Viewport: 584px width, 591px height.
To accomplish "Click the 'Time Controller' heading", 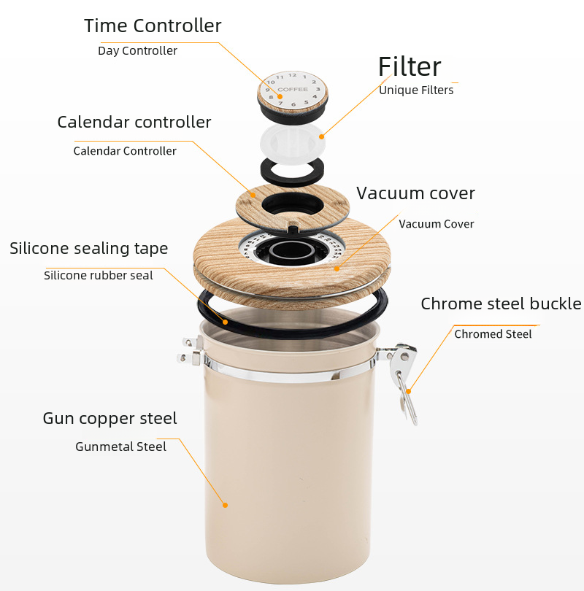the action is click(x=153, y=26).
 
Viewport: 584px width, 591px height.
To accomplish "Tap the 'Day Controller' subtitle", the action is click(x=137, y=51).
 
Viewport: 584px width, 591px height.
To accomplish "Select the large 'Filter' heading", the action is click(x=410, y=66).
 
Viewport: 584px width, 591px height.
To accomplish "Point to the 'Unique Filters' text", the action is click(x=416, y=90).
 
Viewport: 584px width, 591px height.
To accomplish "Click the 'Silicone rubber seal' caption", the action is click(x=99, y=276).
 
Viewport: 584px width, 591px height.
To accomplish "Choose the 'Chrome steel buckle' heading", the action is click(x=501, y=304).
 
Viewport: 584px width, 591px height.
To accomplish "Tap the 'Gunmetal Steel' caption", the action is click(x=120, y=447).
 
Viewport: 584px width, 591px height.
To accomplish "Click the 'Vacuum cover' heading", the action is click(x=415, y=193).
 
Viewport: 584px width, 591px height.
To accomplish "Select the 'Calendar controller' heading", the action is click(x=134, y=122).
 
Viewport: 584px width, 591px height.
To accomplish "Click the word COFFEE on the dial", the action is click(x=293, y=89).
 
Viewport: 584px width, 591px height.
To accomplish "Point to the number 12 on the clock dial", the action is click(x=293, y=75).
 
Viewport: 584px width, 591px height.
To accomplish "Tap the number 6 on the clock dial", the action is click(x=293, y=104).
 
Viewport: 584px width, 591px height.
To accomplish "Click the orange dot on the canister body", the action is click(x=225, y=505).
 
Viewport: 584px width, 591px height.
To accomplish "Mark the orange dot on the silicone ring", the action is click(x=225, y=322).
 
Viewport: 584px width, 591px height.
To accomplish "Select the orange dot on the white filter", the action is click(x=322, y=136).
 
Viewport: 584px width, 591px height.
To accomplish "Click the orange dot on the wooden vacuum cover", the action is click(x=337, y=269).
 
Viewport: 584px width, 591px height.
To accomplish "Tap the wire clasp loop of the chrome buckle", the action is click(x=409, y=400).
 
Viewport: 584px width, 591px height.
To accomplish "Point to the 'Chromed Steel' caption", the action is click(x=493, y=334).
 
